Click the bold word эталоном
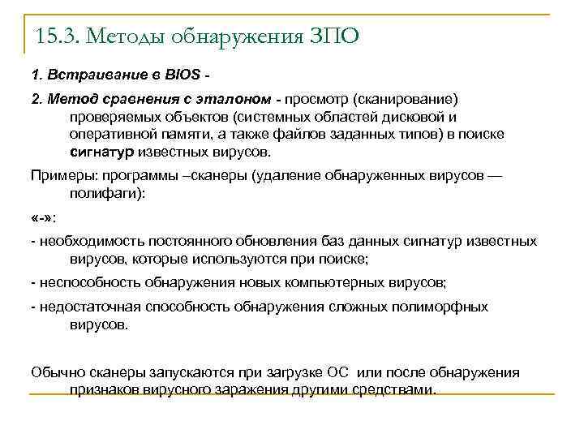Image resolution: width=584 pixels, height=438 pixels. (234, 99)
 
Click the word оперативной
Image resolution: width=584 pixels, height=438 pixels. (109, 134)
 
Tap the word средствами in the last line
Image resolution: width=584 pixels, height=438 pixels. (395, 389)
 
